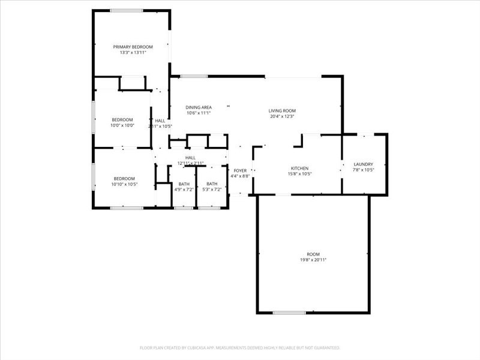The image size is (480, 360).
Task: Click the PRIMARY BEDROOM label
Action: coord(133,47)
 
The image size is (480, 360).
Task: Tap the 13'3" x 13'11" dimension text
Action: coord(133,53)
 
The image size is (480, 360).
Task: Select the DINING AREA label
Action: coord(199,107)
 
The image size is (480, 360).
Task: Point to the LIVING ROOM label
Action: coord(282,110)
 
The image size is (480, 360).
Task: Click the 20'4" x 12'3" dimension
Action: coord(282,116)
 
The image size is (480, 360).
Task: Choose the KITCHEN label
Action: coord(299,168)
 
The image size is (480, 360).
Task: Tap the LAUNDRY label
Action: coord(364,164)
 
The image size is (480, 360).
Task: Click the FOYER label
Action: coord(240,170)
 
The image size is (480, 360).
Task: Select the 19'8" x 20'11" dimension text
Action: coord(313,260)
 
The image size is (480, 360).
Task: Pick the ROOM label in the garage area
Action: coord(313,254)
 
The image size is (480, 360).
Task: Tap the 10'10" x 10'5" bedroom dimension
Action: coord(124,184)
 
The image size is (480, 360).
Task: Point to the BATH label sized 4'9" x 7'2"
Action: coord(184,184)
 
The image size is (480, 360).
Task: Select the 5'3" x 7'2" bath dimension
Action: coord(212,190)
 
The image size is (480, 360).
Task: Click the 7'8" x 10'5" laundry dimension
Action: coord(364,170)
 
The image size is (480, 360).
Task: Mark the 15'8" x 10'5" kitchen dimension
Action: coord(299,174)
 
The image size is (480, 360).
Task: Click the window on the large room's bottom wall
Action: coord(289,313)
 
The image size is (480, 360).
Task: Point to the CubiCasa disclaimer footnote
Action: coord(240,347)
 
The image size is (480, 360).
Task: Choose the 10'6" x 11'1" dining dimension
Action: coord(199,113)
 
